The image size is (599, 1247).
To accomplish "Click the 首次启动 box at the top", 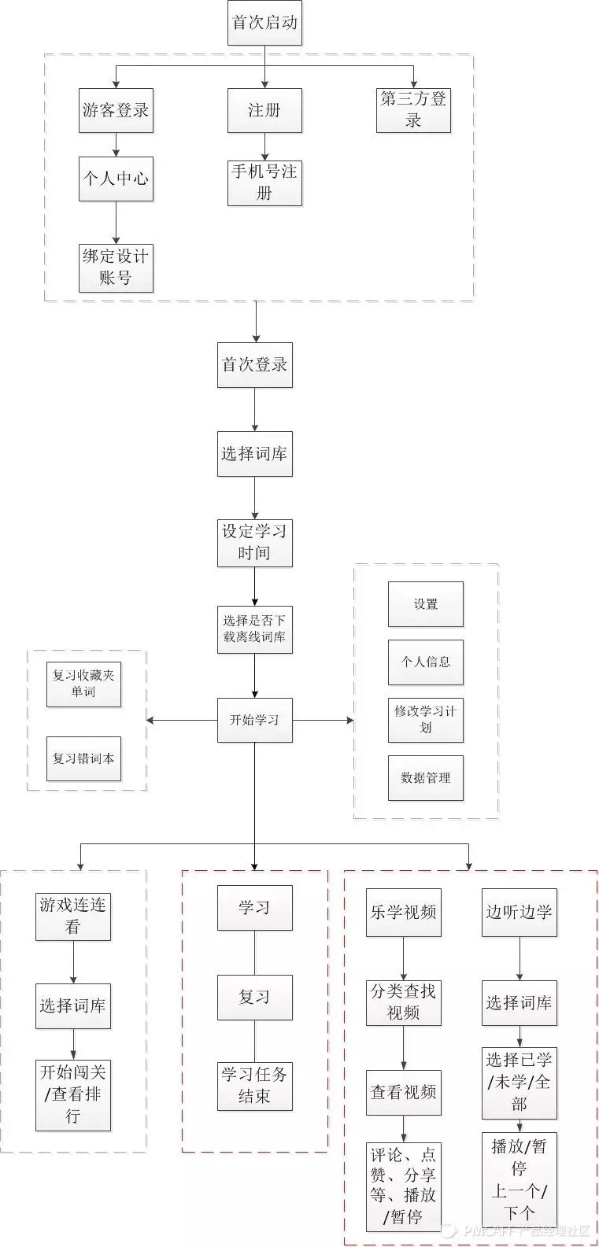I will (x=264, y=22).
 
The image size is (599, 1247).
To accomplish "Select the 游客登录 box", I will (x=116, y=110).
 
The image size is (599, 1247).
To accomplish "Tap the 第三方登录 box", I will (x=413, y=110).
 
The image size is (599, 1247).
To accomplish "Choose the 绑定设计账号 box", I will (x=116, y=267).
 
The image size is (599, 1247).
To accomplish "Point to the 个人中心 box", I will (x=116, y=179).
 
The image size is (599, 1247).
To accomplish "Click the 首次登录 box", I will (x=254, y=365).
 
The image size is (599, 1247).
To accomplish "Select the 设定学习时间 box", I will (x=254, y=543).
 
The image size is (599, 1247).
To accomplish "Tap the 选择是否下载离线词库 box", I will (x=254, y=629).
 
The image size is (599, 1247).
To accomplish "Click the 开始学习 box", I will (x=254, y=720).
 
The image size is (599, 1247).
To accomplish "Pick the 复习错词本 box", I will (x=83, y=758).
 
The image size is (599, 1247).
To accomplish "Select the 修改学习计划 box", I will (x=425, y=719).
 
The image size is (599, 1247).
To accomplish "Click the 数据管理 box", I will (x=425, y=778).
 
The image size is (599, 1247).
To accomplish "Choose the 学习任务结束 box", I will (x=254, y=1086).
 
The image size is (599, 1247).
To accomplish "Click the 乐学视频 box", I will (x=404, y=913).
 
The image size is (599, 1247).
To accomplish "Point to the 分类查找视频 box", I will (x=404, y=1002).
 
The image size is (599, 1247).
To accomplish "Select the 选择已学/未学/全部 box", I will (x=519, y=1082).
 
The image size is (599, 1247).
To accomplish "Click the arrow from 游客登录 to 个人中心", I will (x=116, y=145).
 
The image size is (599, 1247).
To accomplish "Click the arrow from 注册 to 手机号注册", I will (x=264, y=146).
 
